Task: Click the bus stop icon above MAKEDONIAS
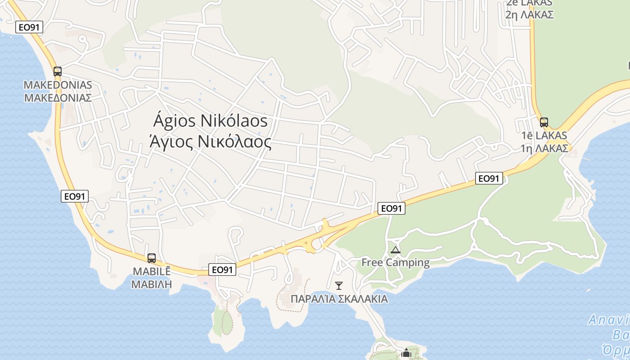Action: point(57,71)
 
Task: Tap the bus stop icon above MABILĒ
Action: point(152,258)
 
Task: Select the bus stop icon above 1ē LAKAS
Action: point(544,122)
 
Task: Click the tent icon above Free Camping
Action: point(396,250)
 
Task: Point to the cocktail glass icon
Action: point(339,285)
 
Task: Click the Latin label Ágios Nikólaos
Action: point(210,121)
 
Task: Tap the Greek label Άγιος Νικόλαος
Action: point(210,142)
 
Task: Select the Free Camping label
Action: point(396,262)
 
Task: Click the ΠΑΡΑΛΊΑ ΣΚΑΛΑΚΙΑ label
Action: point(339,299)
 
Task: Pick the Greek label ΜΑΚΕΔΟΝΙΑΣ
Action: point(58,98)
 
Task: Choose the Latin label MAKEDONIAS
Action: point(58,85)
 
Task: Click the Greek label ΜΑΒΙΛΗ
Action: point(152,284)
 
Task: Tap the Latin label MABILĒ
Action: point(152,272)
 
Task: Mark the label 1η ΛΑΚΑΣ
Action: point(544,148)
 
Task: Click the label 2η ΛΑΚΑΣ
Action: point(529,14)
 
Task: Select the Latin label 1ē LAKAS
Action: point(544,135)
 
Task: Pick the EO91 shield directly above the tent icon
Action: point(391,208)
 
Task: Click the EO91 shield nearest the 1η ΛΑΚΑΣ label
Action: point(489,179)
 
